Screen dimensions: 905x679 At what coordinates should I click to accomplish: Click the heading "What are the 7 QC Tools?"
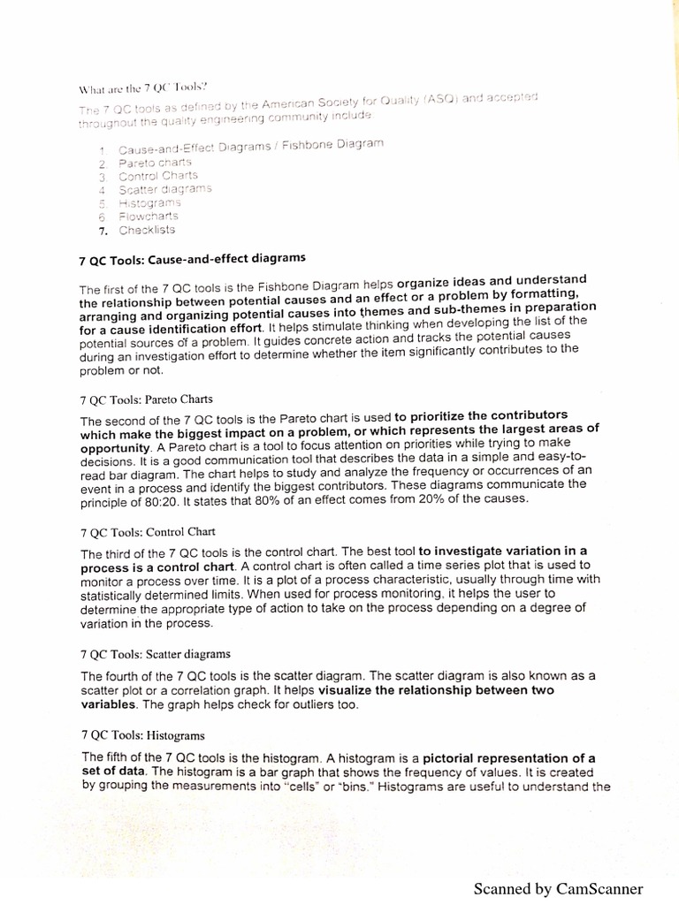[143, 87]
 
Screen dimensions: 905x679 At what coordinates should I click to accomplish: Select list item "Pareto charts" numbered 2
[155, 163]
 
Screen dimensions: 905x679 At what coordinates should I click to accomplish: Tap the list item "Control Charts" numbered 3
[158, 176]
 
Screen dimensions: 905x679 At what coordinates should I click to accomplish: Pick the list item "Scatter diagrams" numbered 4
[165, 189]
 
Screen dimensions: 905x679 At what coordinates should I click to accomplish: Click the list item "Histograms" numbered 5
[149, 202]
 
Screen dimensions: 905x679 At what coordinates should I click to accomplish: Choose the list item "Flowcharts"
[149, 216]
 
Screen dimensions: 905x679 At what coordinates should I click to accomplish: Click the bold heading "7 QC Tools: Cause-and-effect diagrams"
[193, 258]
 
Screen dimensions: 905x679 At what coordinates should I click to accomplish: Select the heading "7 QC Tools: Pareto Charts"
[146, 398]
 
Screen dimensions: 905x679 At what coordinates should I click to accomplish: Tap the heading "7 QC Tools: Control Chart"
[148, 532]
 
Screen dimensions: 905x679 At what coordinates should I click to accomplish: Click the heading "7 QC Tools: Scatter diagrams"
[156, 654]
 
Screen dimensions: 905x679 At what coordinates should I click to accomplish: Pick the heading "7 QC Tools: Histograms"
[142, 734]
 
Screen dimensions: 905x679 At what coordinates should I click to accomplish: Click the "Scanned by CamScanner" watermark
[559, 888]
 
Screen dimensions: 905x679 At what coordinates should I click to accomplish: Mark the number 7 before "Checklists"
[103, 231]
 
